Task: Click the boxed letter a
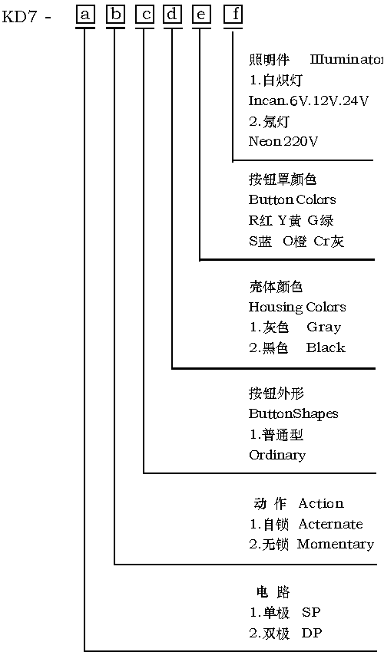(85, 15)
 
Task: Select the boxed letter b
(116, 15)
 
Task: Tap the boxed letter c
(145, 15)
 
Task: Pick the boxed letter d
(173, 15)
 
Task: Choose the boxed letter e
(201, 15)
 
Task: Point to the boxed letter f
(233, 15)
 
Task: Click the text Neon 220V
(283, 141)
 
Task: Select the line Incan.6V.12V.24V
(308, 100)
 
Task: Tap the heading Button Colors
(292, 199)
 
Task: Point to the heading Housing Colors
(297, 308)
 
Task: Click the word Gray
(323, 328)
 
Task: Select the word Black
(326, 347)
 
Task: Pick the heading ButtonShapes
(293, 414)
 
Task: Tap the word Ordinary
(277, 456)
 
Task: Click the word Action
(321, 503)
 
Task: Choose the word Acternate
(330, 524)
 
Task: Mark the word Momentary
(336, 545)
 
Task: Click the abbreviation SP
(311, 613)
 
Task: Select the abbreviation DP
(312, 634)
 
